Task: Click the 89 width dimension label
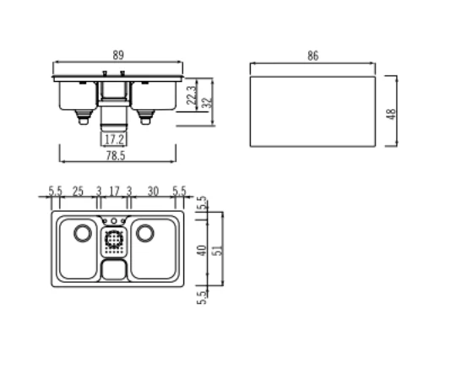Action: [x=118, y=55]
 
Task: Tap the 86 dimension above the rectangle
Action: [x=312, y=56]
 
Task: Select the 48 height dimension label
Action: [x=391, y=114]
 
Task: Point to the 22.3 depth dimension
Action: [x=192, y=95]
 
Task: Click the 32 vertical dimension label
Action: [x=207, y=103]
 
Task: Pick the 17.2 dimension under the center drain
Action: [x=114, y=139]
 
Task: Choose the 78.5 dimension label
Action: [x=116, y=155]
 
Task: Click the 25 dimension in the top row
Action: [x=78, y=191]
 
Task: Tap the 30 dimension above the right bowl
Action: [x=153, y=191]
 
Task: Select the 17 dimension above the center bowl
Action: [x=114, y=191]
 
